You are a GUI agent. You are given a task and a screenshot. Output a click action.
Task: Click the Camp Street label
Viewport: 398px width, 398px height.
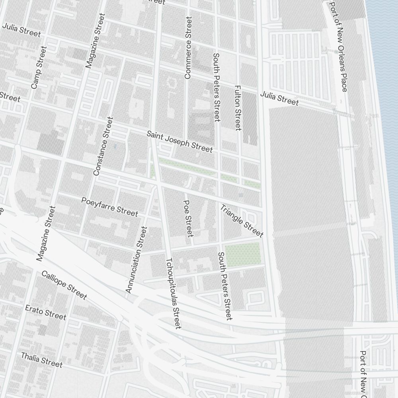tap(39, 67)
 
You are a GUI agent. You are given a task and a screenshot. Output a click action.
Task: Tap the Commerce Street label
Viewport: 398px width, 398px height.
tap(188, 47)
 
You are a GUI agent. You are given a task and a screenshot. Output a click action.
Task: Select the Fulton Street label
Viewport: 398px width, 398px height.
tap(238, 107)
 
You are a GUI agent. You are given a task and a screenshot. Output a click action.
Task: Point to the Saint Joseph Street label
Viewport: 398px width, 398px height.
tap(179, 141)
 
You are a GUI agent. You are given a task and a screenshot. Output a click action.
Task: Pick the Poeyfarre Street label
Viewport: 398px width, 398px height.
tap(109, 207)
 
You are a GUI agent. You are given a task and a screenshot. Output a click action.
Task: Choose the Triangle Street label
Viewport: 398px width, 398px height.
tap(242, 220)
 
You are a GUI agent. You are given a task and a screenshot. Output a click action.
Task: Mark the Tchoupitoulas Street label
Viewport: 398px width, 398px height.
tap(173, 293)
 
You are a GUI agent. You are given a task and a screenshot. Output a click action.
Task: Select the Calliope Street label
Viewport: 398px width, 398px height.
tap(64, 285)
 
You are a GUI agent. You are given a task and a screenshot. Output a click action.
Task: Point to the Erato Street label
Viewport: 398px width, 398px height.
tap(45, 312)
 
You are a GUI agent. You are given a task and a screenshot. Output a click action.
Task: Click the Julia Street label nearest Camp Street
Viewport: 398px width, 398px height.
tap(21, 30)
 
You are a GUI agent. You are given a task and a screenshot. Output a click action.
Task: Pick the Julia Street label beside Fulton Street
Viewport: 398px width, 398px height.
tap(279, 99)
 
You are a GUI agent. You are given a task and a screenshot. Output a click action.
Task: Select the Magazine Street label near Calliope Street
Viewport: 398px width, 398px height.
tap(46, 234)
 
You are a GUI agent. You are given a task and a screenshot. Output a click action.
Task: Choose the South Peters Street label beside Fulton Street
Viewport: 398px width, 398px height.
tap(217, 87)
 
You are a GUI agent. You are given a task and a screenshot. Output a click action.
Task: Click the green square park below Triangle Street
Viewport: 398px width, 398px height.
tap(243, 254)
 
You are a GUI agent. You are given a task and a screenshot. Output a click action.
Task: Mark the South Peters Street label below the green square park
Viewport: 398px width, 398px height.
tap(224, 286)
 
